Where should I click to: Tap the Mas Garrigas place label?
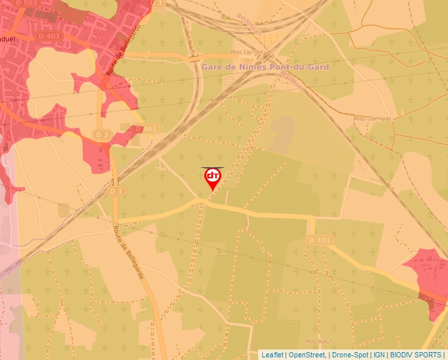(x=372, y=118)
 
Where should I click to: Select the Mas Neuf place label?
(x=320, y=342)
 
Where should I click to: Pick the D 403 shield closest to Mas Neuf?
(x=319, y=241)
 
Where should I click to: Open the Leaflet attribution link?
(x=272, y=355)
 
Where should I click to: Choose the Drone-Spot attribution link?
(x=350, y=355)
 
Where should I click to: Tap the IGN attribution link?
(x=379, y=355)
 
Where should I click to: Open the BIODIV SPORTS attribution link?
(x=416, y=355)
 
